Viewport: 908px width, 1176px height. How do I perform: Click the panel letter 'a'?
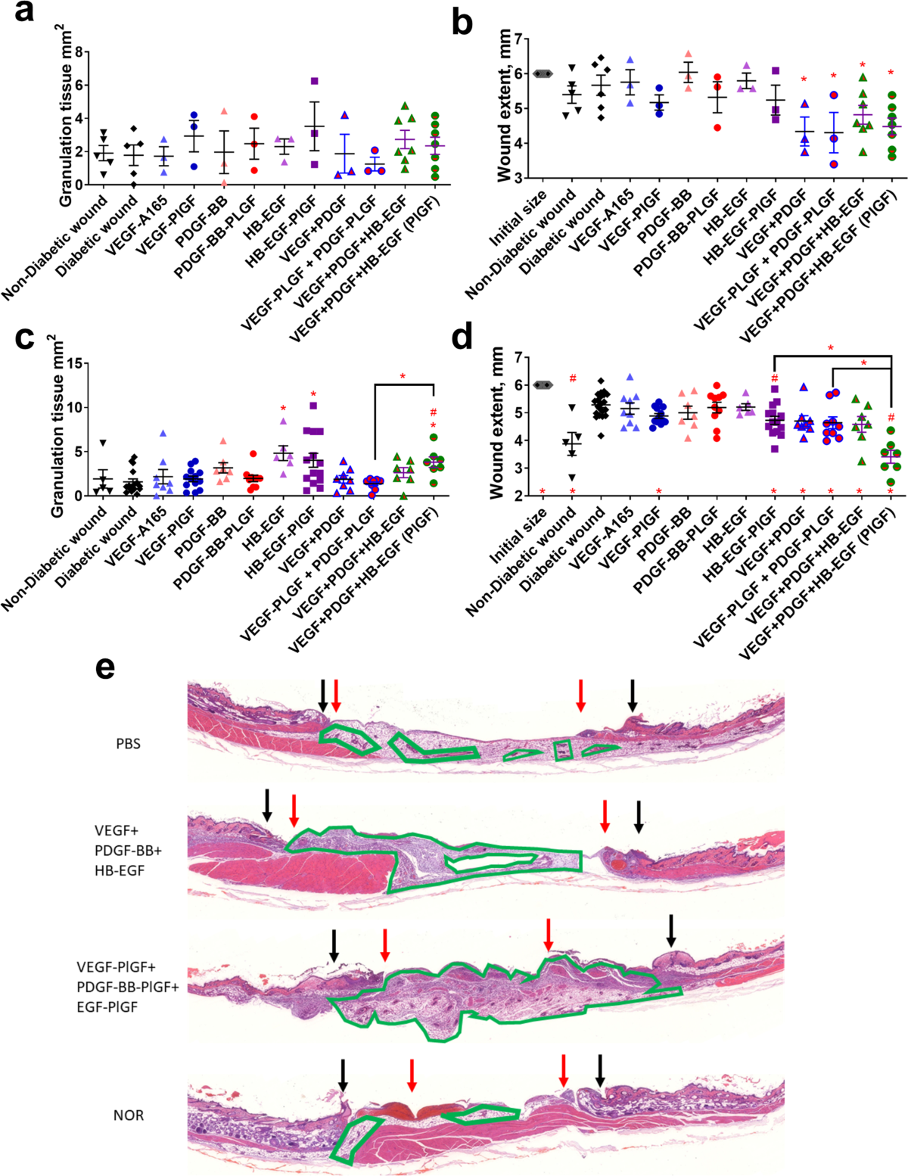pos(24,13)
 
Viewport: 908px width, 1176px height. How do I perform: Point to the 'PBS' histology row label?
pos(128,744)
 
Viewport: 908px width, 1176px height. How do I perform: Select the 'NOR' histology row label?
pos(128,1115)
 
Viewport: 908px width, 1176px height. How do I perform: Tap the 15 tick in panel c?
pos(75,363)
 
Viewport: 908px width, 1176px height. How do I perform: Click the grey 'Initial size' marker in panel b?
pos(543,73)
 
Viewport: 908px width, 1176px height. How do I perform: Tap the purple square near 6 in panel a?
pos(314,81)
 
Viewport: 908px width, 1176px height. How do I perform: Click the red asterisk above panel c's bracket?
pos(403,377)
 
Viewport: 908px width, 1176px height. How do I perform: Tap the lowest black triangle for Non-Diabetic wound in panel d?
pos(573,477)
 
